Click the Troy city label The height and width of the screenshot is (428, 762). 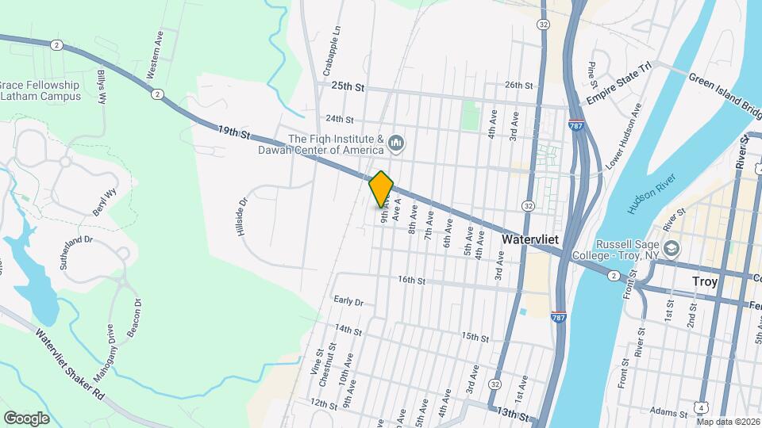pos(705,281)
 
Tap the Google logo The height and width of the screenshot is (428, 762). pos(26,418)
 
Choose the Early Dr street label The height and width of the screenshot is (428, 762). pos(348,301)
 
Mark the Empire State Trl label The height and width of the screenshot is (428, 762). pos(618,82)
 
